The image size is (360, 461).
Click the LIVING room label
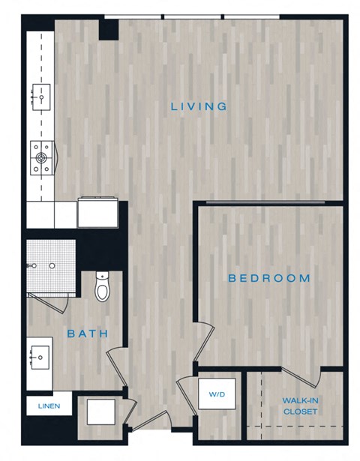[x=199, y=106]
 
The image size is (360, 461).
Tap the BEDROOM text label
[x=269, y=278]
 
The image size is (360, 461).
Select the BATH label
[x=87, y=334]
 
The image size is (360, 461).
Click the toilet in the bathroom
[x=103, y=286]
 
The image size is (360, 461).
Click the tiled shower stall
[x=51, y=266]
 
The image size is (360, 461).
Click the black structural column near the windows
[x=109, y=28]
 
